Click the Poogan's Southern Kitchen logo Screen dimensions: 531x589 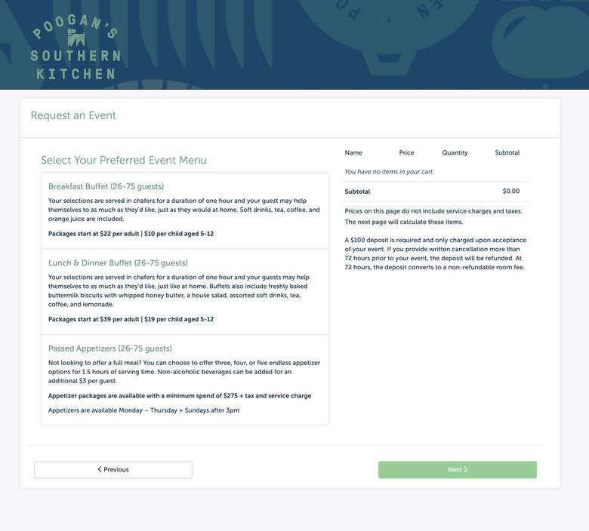75,47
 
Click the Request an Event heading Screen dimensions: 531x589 73,116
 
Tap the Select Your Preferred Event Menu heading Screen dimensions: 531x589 124,161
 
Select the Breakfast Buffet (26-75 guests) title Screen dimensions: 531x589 106,187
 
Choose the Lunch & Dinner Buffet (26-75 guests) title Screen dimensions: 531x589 118,263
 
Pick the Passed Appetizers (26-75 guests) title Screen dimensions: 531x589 110,349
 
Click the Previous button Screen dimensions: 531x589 113,470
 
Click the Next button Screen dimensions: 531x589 458,470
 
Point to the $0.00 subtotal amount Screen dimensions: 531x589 511,192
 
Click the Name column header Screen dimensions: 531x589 353,153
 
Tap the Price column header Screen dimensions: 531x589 406,153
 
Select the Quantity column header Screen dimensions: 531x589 455,153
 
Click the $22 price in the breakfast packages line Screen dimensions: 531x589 106,234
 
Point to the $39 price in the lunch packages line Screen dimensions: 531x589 106,320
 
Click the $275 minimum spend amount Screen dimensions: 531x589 230,396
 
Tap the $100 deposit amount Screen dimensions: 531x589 357,241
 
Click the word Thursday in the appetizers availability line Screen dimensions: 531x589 163,411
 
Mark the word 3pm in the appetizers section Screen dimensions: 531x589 233,411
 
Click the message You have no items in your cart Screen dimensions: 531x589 389,172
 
